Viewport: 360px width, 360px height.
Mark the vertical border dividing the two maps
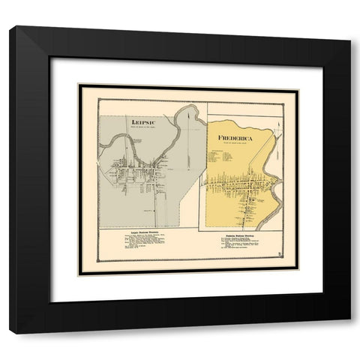tap(198, 172)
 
